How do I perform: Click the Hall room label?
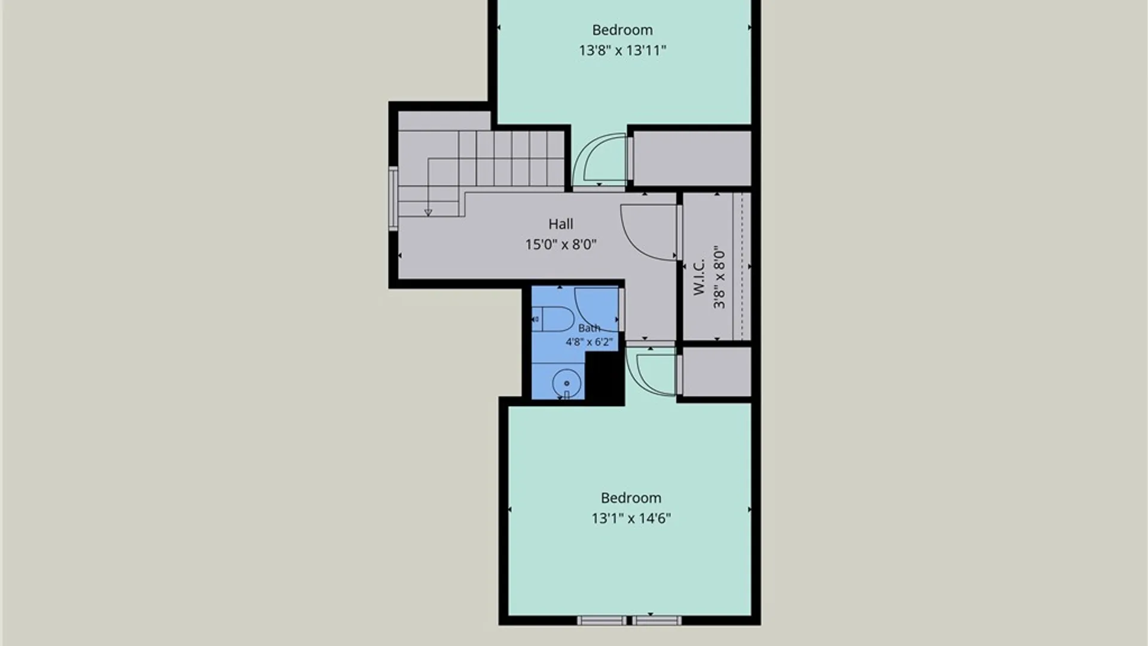coord(561,224)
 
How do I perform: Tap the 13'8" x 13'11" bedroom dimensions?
coord(622,50)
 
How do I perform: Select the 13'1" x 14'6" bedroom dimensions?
coord(631,518)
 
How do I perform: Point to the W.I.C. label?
coord(699,276)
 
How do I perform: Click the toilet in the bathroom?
coord(552,319)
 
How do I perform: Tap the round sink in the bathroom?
coord(567,383)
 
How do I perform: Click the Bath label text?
coord(589,328)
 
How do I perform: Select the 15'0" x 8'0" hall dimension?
coord(561,244)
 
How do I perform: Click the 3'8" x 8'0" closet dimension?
coord(719,276)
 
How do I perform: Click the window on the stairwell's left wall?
coord(393,199)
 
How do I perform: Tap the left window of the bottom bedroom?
coord(602,621)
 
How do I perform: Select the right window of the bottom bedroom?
coord(657,621)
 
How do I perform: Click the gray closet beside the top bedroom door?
coord(692,159)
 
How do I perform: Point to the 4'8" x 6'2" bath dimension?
coord(589,342)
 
